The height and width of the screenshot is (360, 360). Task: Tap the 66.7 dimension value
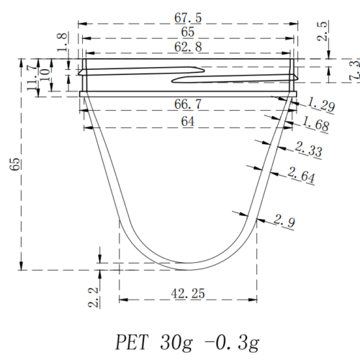(x=188, y=106)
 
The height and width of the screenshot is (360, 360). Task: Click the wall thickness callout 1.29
(x=320, y=107)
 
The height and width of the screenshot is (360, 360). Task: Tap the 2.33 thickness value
(x=310, y=151)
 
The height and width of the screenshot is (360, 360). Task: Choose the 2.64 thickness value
(x=301, y=175)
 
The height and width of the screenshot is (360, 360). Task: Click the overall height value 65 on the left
(x=15, y=163)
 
